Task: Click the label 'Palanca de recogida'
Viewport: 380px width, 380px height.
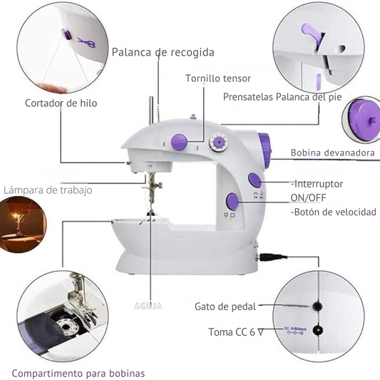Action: [x=163, y=52]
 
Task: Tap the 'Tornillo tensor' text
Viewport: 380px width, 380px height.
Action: [x=218, y=78]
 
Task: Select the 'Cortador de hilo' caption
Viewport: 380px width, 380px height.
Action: [x=61, y=103]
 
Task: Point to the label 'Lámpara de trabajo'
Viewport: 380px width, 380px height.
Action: [x=48, y=190]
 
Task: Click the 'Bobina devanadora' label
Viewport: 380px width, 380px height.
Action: [x=333, y=153]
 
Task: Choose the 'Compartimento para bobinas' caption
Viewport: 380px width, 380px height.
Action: [x=78, y=373]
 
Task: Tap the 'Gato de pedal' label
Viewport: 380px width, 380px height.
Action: [x=225, y=307]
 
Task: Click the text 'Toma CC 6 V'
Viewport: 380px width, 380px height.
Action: [x=236, y=332]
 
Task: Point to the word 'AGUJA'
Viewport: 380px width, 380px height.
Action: [x=148, y=306]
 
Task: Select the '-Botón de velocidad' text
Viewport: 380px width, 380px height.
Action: [x=334, y=212]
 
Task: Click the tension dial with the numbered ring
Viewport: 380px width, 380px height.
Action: [x=219, y=143]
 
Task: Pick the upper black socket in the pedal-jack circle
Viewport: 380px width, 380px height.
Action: [x=317, y=307]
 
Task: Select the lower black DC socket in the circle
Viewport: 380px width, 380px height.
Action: [x=317, y=330]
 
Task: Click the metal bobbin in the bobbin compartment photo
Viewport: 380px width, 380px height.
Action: [x=66, y=327]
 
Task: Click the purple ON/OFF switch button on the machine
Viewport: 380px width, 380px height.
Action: [x=255, y=180]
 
